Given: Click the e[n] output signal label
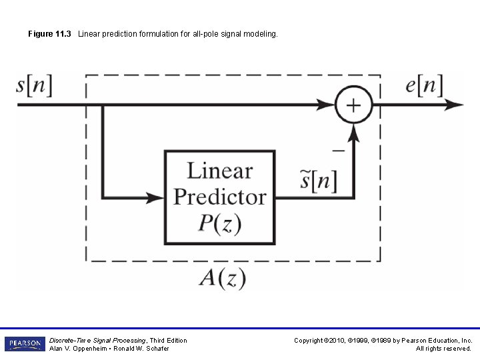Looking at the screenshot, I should point(423,86).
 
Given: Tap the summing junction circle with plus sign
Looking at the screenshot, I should point(353,105).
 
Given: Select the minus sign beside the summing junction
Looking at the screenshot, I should point(338,151).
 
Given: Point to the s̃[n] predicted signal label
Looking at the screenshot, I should point(318,181).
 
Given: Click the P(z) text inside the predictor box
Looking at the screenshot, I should point(219,223).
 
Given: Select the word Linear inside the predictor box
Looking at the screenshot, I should point(219,171).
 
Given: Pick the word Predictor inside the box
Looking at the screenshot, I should point(219,197).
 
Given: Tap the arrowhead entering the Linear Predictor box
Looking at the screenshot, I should point(157,197).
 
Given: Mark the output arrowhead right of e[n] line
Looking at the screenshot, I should point(455,105).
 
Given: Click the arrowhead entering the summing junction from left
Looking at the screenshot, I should point(327,105).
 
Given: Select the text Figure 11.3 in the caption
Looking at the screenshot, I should point(51,33).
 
